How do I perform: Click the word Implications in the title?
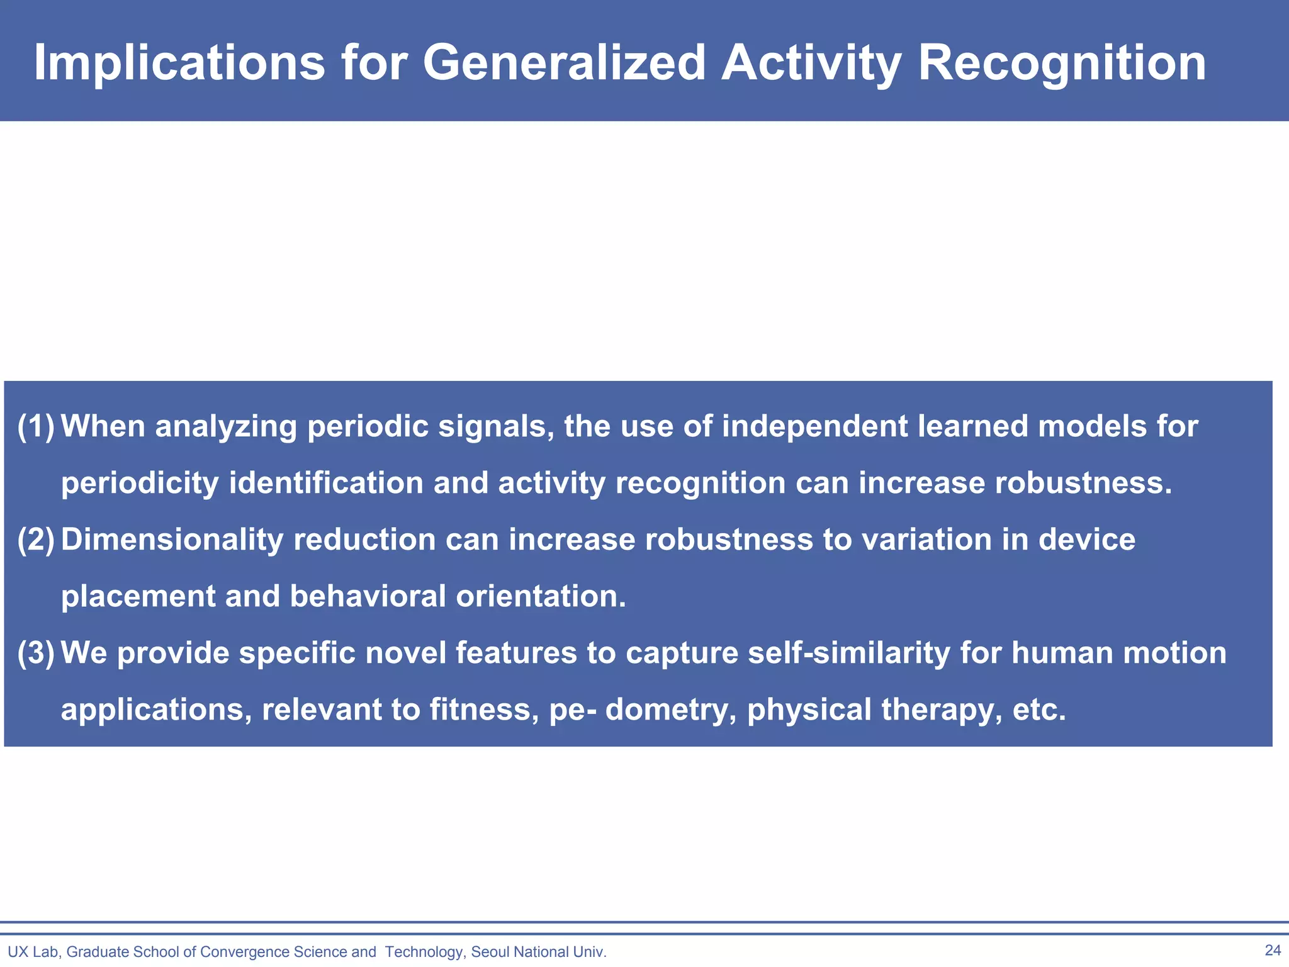click(x=179, y=63)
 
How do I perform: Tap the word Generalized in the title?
click(x=564, y=63)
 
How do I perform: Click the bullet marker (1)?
click(x=36, y=427)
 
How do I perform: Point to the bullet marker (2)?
click(x=36, y=540)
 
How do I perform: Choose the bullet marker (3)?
click(x=36, y=653)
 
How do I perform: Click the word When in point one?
click(x=103, y=427)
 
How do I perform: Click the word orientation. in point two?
click(x=541, y=597)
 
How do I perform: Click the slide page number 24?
click(x=1273, y=950)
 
